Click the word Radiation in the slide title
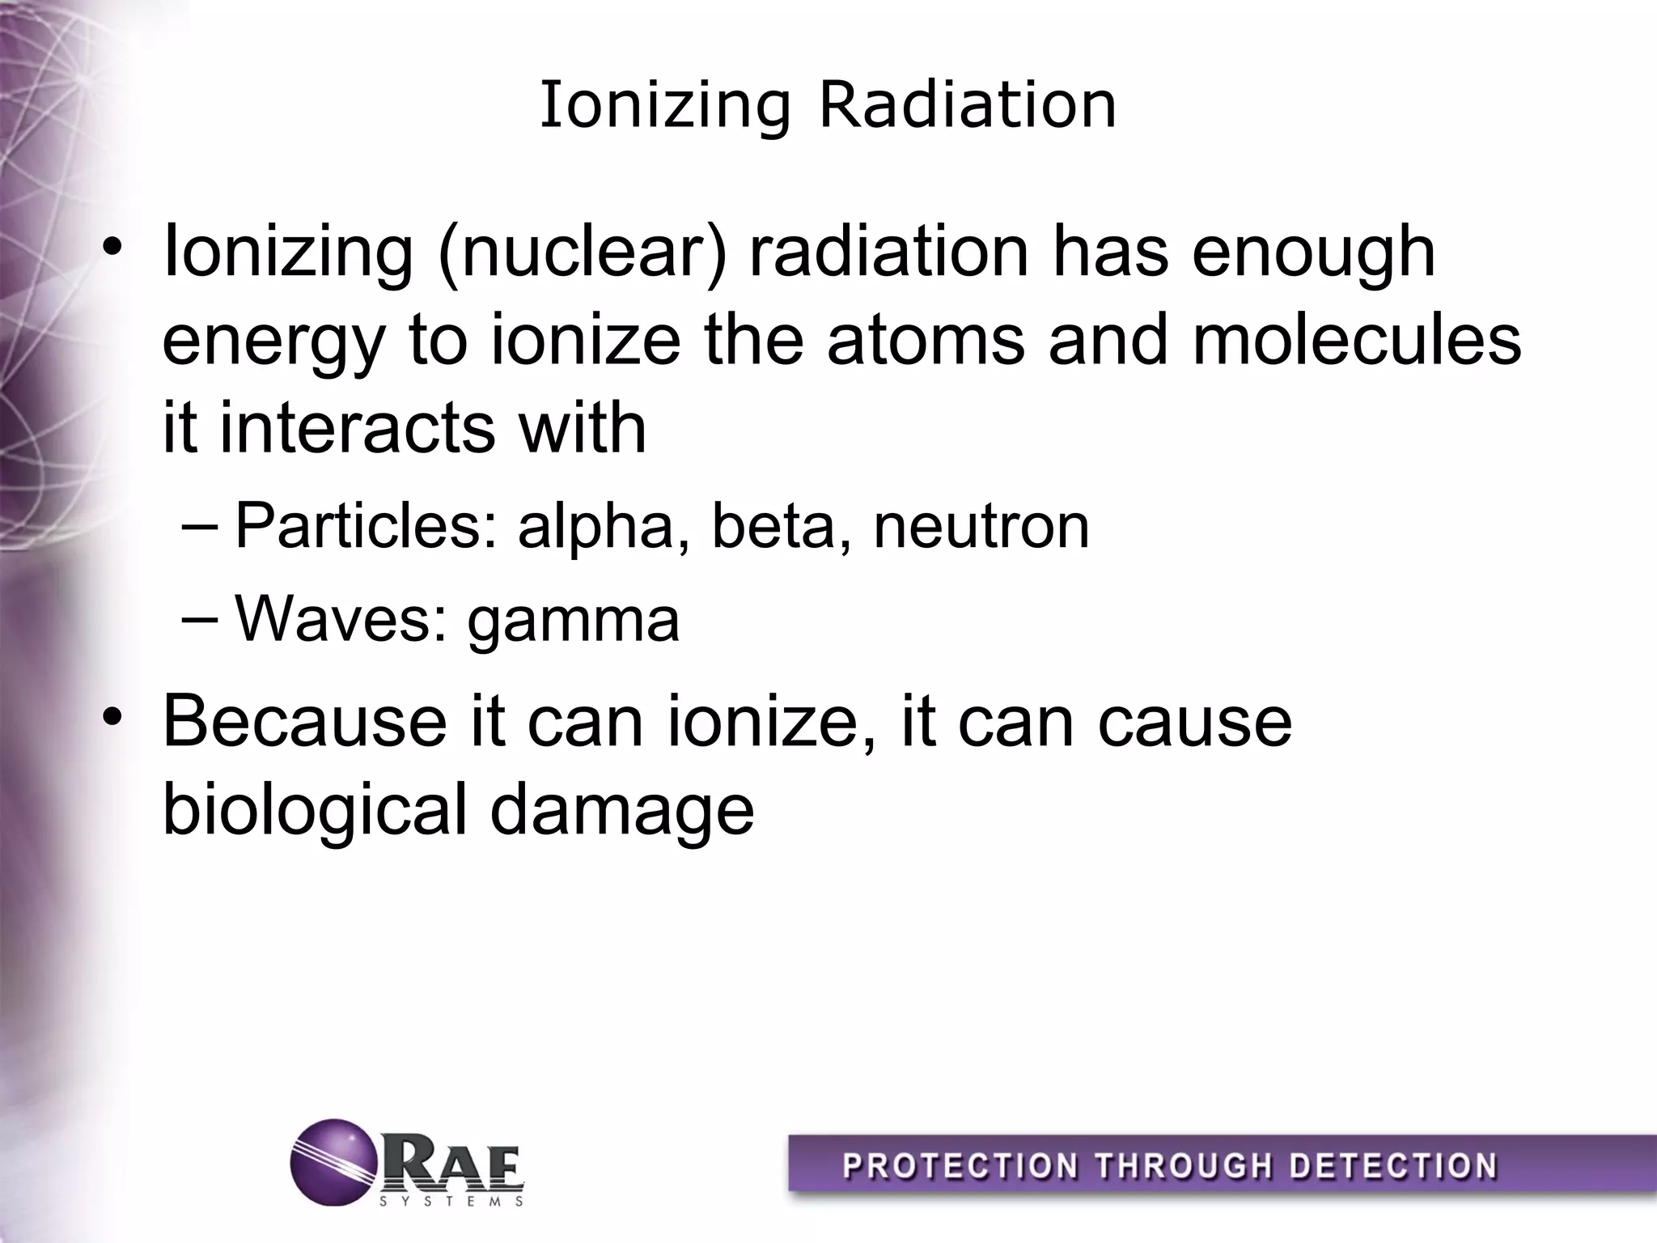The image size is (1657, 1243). (x=968, y=105)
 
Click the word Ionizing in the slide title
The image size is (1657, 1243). (x=664, y=105)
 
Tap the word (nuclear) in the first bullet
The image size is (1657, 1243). (x=582, y=252)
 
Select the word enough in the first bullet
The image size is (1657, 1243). (x=1313, y=252)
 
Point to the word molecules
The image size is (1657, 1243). (x=1357, y=340)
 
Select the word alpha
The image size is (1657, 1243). (x=596, y=528)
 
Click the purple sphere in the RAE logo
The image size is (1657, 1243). (x=333, y=1162)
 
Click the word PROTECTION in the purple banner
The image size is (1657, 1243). (x=960, y=1167)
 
